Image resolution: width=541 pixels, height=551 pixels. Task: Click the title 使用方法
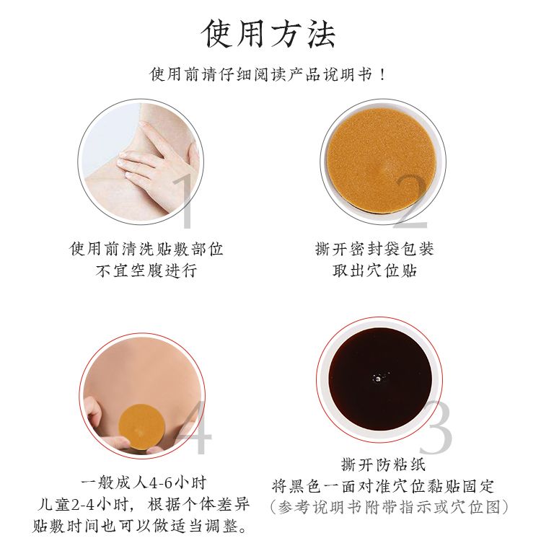pos(268,33)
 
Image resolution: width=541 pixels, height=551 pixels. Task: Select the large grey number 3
pos(436,427)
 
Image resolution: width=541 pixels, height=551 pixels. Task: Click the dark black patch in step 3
pos(380,379)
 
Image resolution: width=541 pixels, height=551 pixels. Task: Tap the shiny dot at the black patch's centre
pos(378,379)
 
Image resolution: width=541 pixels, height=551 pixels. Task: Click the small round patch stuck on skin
pos(141,427)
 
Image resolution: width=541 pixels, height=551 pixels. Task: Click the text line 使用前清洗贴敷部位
pos(146,249)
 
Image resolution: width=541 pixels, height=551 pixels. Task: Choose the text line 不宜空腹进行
pos(146,270)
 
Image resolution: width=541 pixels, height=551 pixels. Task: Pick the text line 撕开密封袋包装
pos(374,249)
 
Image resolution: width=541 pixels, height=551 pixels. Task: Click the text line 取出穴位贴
pos(374,270)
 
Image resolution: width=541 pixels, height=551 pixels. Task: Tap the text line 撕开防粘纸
pos(384,464)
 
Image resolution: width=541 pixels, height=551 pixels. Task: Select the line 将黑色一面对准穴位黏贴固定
pos(384,486)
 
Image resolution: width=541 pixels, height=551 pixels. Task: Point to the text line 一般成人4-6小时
pos(144,482)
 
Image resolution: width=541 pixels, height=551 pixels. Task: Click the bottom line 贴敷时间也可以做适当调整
pos(140,526)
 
